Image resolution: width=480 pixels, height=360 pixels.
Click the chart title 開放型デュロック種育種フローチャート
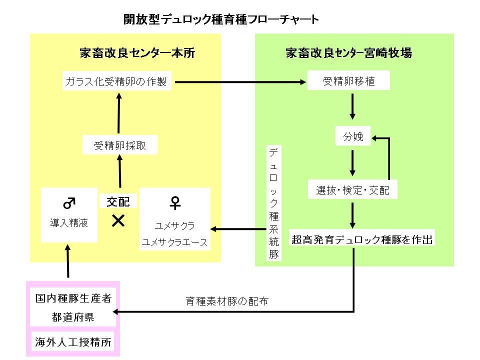[x=220, y=20]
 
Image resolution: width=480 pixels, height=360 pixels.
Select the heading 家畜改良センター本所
[x=137, y=53]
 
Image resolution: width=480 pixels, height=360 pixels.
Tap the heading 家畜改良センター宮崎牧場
[x=348, y=53]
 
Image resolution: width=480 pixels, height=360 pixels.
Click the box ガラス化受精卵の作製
[x=117, y=81]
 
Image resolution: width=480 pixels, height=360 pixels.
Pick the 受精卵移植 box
[x=348, y=81]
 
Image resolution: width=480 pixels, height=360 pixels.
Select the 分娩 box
[x=353, y=136]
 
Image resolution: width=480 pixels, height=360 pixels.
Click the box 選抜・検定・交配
[x=352, y=190]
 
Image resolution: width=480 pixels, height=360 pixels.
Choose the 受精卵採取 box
[x=120, y=146]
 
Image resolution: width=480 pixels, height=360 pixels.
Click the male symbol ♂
[x=69, y=203]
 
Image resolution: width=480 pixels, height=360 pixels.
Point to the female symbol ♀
[x=175, y=202]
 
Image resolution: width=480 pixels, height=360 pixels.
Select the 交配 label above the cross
[x=118, y=201]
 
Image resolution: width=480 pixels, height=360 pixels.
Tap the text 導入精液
[x=69, y=223]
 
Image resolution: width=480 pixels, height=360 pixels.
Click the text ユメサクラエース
[x=174, y=242]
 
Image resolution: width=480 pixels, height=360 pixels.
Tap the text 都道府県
[x=73, y=317]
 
